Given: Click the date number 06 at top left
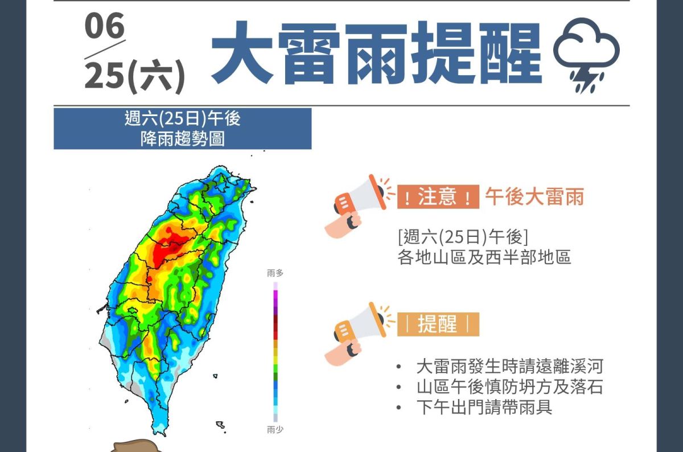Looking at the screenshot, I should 105,27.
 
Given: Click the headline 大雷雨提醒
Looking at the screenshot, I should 376,54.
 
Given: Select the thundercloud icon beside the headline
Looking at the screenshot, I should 586,54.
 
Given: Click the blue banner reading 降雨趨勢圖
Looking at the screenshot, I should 182,129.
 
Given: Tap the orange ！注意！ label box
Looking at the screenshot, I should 437,197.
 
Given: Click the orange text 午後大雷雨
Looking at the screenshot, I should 534,197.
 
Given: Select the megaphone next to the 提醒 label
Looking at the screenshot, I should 356,333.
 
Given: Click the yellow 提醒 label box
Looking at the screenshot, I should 437,324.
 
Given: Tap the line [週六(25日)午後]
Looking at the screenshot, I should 463,236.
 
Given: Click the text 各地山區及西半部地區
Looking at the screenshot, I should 484,257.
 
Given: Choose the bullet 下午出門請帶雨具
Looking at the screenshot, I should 484,408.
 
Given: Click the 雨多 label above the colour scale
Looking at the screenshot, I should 275,273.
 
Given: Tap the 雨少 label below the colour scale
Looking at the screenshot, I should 275,430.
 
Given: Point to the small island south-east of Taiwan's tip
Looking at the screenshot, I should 220,425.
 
